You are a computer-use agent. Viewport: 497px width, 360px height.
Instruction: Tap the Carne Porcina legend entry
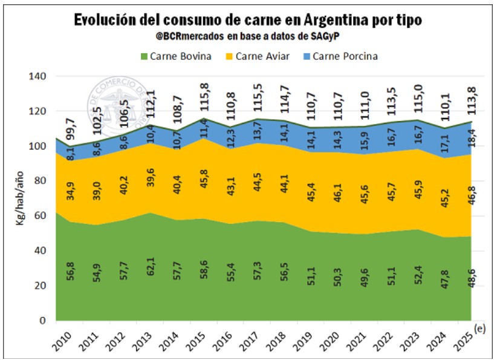coord(345,56)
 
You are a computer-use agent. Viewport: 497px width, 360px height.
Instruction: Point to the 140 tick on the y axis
coord(38,76)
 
